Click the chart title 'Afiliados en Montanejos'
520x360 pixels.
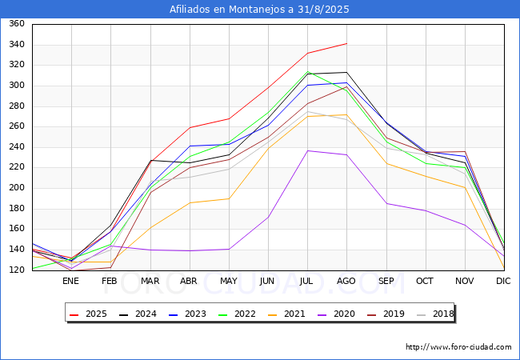pyautogui.click(x=259, y=10)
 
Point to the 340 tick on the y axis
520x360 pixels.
pyautogui.click(x=17, y=44)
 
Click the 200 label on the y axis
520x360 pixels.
pyautogui.click(x=17, y=188)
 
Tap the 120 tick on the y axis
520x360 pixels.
pyautogui.click(x=17, y=270)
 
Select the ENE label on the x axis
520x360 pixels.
pyautogui.click(x=71, y=282)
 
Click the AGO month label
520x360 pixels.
pyautogui.click(x=346, y=282)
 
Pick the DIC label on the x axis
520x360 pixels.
pyautogui.click(x=503, y=282)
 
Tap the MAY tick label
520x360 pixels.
pyautogui.click(x=228, y=282)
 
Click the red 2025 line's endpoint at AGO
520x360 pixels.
pyautogui.click(x=346, y=43)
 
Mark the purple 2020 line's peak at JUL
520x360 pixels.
pyautogui.click(x=307, y=150)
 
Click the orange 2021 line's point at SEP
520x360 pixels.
pyautogui.click(x=386, y=163)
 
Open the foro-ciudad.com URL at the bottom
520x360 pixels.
pyautogui.click(x=458, y=347)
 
